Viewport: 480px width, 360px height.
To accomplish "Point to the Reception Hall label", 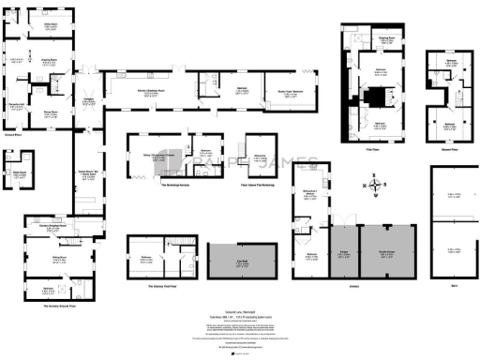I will (16, 106).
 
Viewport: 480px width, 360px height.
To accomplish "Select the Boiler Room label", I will (17, 173).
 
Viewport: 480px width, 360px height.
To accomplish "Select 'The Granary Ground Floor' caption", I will (58, 306).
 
